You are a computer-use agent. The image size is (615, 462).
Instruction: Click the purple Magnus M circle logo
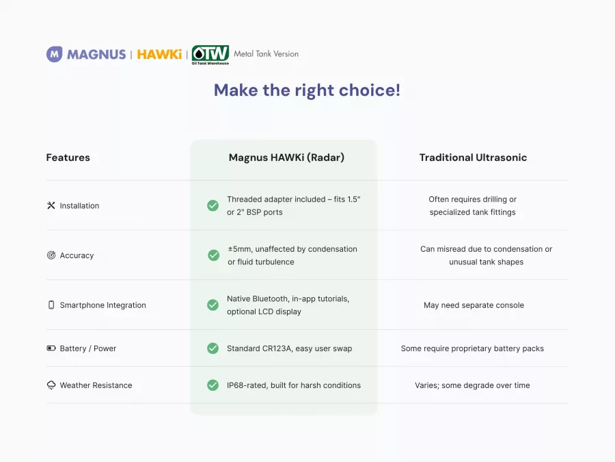point(54,54)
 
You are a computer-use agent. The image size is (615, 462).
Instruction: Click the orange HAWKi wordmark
point(159,54)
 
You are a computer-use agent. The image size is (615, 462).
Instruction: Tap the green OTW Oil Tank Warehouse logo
point(210,55)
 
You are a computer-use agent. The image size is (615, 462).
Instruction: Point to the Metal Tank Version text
point(266,54)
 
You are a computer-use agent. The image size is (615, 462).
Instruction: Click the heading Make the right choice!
point(307,90)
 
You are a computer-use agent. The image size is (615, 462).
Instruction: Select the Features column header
point(68,157)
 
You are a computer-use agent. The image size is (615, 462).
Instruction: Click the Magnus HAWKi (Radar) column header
point(286,157)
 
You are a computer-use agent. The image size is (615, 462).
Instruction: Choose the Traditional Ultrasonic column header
point(473,157)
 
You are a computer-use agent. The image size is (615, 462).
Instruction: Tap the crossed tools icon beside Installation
point(51,205)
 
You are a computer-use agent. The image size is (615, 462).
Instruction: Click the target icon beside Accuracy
point(51,255)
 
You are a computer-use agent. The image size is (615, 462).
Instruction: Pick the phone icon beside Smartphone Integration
point(51,305)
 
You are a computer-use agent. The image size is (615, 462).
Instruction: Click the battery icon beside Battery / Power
point(51,348)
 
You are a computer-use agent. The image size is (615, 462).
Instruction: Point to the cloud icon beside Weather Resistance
point(51,385)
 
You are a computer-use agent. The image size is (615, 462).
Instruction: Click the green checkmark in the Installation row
point(213,205)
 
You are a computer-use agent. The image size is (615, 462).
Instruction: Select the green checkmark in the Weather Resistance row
point(213,385)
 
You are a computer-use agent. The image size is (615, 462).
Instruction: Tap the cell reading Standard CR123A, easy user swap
point(290,348)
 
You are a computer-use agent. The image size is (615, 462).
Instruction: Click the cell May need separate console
point(474,305)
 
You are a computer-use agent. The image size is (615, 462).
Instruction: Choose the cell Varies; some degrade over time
point(472,385)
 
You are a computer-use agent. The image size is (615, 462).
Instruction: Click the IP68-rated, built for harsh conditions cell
point(294,385)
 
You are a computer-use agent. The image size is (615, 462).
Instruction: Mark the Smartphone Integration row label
point(102,305)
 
